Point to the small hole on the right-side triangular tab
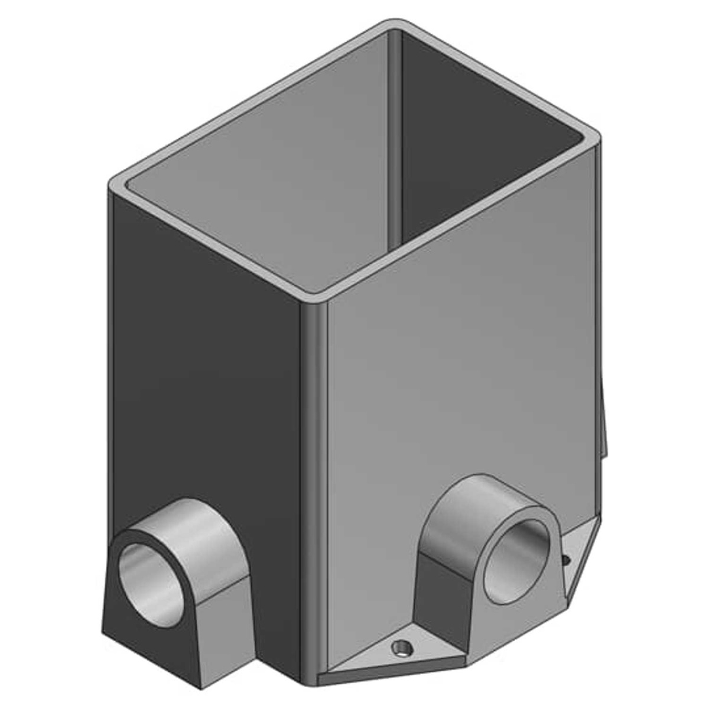click(x=565, y=557)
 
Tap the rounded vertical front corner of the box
click(x=314, y=473)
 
